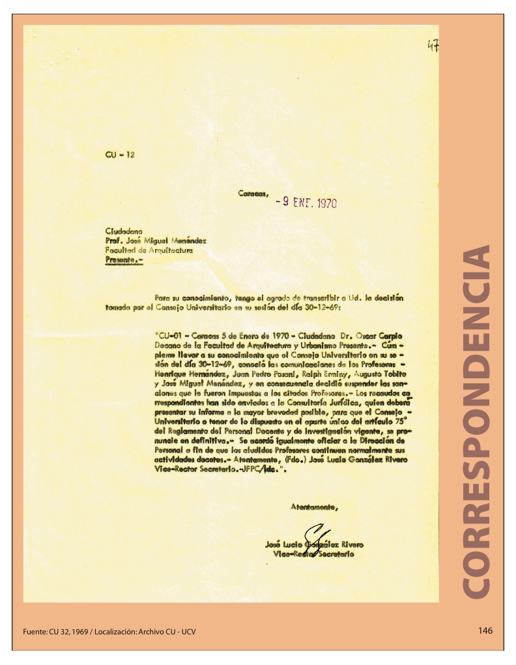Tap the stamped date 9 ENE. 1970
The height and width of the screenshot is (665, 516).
point(306,203)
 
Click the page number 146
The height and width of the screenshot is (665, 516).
point(485,630)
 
